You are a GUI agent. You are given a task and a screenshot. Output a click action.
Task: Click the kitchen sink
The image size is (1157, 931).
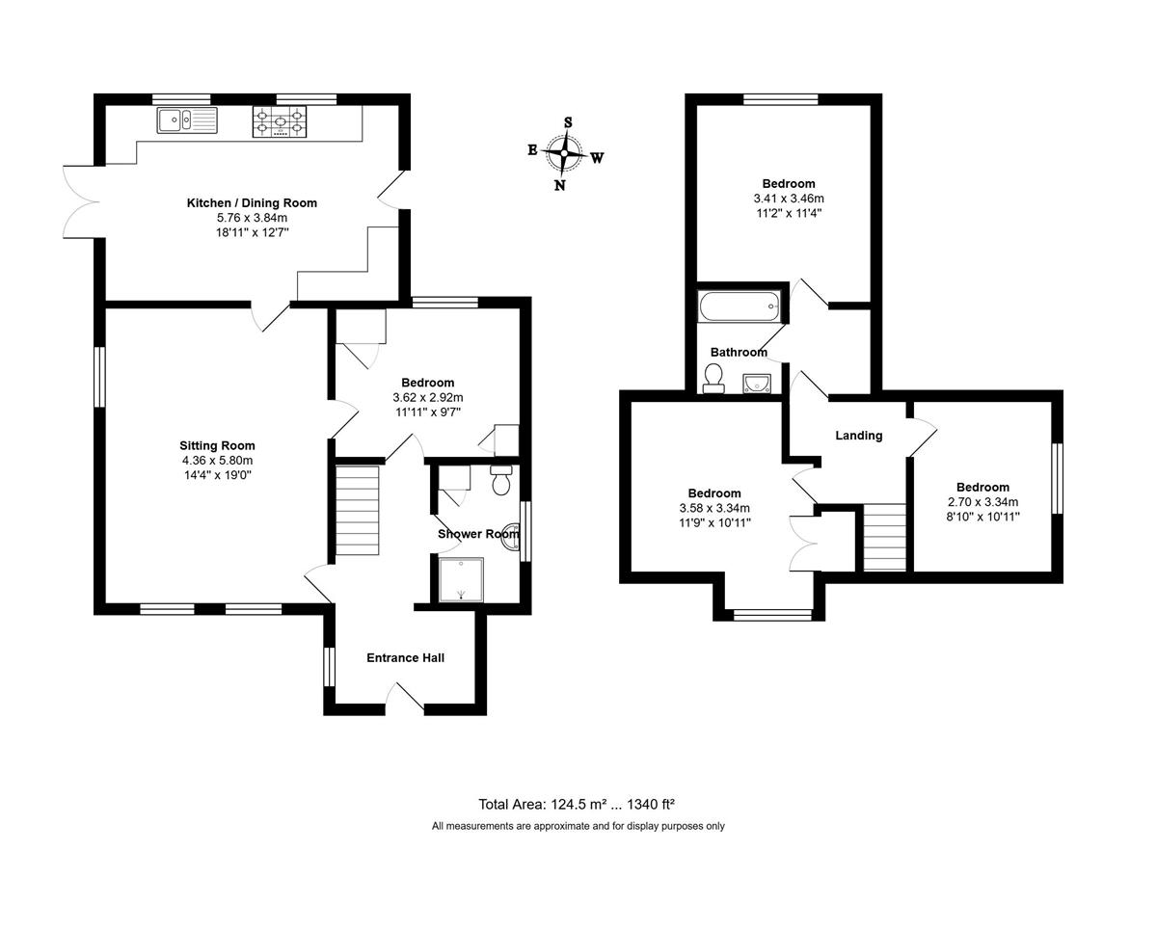click(x=187, y=120)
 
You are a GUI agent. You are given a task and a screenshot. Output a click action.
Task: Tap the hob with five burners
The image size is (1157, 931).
click(x=280, y=121)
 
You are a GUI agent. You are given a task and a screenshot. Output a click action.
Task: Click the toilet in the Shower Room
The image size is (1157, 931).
click(x=501, y=480)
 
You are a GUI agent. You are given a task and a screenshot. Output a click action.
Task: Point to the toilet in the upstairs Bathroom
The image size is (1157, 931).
click(x=713, y=379)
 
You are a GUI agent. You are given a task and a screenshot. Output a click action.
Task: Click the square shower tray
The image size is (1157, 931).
click(x=461, y=579)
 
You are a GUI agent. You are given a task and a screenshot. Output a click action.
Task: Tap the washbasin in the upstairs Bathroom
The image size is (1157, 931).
click(x=757, y=384)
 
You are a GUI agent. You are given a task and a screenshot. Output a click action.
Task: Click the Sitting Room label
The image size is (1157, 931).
click(x=217, y=445)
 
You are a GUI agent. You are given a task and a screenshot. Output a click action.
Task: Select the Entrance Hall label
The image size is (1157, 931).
click(x=405, y=658)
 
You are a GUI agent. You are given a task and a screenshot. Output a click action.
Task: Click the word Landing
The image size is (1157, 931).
click(x=859, y=436)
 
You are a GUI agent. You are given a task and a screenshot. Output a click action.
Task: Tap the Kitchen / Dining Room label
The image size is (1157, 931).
click(x=252, y=203)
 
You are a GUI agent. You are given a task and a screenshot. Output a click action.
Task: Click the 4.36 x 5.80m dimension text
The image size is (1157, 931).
click(x=217, y=461)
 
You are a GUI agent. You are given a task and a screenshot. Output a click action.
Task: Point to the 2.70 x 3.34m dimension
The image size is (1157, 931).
click(x=982, y=502)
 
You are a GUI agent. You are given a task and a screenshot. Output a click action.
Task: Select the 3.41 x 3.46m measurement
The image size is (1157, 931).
click(x=789, y=199)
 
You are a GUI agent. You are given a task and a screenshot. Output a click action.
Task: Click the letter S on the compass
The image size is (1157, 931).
click(x=568, y=122)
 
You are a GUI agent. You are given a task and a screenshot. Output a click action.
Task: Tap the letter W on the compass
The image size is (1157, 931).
click(x=598, y=158)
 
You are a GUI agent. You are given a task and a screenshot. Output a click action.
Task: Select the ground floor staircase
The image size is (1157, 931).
click(x=358, y=510)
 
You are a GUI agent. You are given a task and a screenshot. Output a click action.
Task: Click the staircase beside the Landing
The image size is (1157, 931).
click(x=884, y=537)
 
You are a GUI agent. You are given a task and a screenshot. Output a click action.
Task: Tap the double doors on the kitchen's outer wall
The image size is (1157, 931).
click(x=81, y=201)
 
